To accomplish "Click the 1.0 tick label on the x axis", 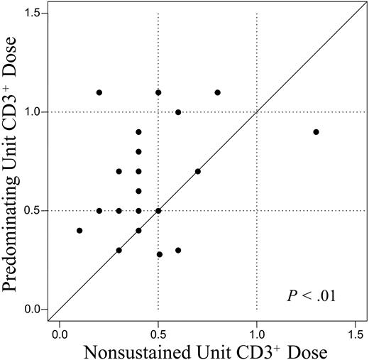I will [x=256, y=332].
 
